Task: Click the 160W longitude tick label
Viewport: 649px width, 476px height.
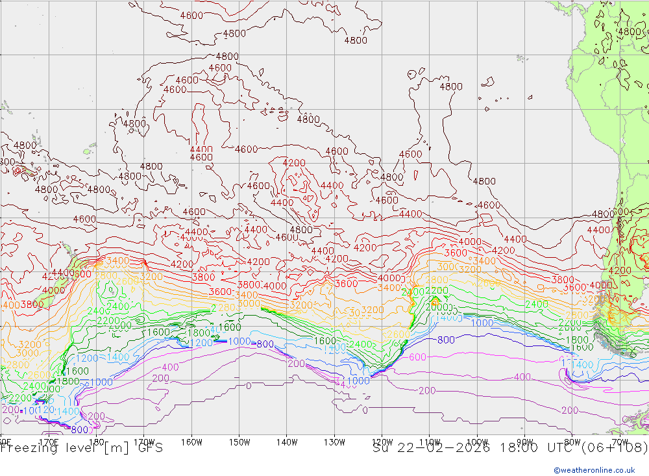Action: click(x=191, y=442)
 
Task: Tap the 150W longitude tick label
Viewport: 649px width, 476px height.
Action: click(x=239, y=442)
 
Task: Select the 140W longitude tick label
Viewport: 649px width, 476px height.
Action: click(x=286, y=442)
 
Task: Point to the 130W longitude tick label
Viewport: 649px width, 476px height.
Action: click(x=334, y=442)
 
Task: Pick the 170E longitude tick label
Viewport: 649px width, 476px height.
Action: click(x=49, y=442)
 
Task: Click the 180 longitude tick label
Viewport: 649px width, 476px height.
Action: click(x=97, y=442)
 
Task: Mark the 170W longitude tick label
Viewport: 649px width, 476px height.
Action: click(x=144, y=442)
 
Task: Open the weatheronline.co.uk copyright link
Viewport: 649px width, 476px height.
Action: click(x=594, y=470)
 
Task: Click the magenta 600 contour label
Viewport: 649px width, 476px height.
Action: click(x=417, y=357)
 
